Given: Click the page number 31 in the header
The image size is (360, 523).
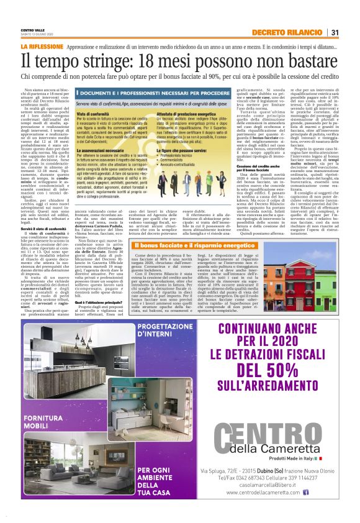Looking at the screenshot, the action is tap(335, 32).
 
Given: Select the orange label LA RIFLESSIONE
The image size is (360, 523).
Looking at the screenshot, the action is tap(42, 47).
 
